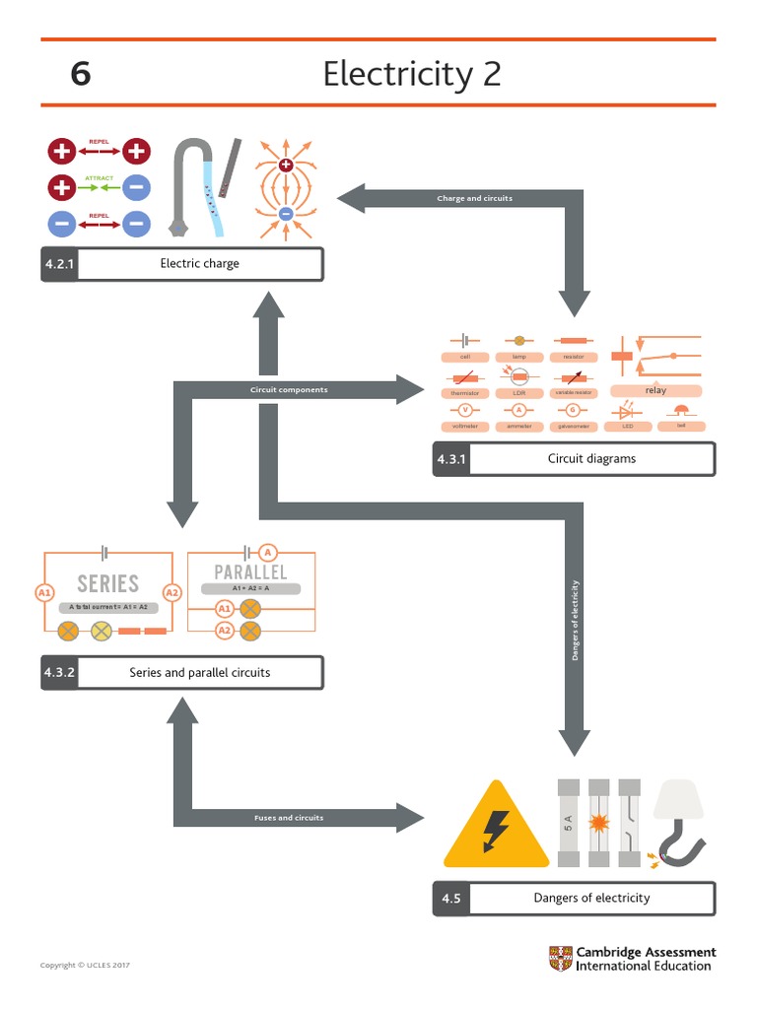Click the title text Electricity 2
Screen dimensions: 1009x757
[411, 74]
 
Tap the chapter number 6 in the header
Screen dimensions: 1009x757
[81, 74]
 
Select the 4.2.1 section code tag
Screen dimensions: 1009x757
[59, 264]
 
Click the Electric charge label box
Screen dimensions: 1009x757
[199, 264]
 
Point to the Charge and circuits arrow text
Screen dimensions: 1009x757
[474, 199]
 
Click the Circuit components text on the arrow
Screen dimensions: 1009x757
[289, 390]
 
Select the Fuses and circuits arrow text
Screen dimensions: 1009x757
[289, 818]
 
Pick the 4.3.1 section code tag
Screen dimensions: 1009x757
[450, 459]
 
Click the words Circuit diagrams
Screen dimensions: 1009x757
[591, 459]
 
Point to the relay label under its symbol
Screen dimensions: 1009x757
[655, 391]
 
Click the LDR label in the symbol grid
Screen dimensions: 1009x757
[518, 393]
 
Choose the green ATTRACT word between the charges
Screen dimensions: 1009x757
[99, 178]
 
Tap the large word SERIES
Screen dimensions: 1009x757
[108, 583]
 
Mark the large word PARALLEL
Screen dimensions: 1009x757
[250, 572]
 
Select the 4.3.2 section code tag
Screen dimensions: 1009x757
[59, 673]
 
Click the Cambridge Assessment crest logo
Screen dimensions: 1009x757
[560, 958]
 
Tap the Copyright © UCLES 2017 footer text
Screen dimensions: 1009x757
[85, 966]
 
